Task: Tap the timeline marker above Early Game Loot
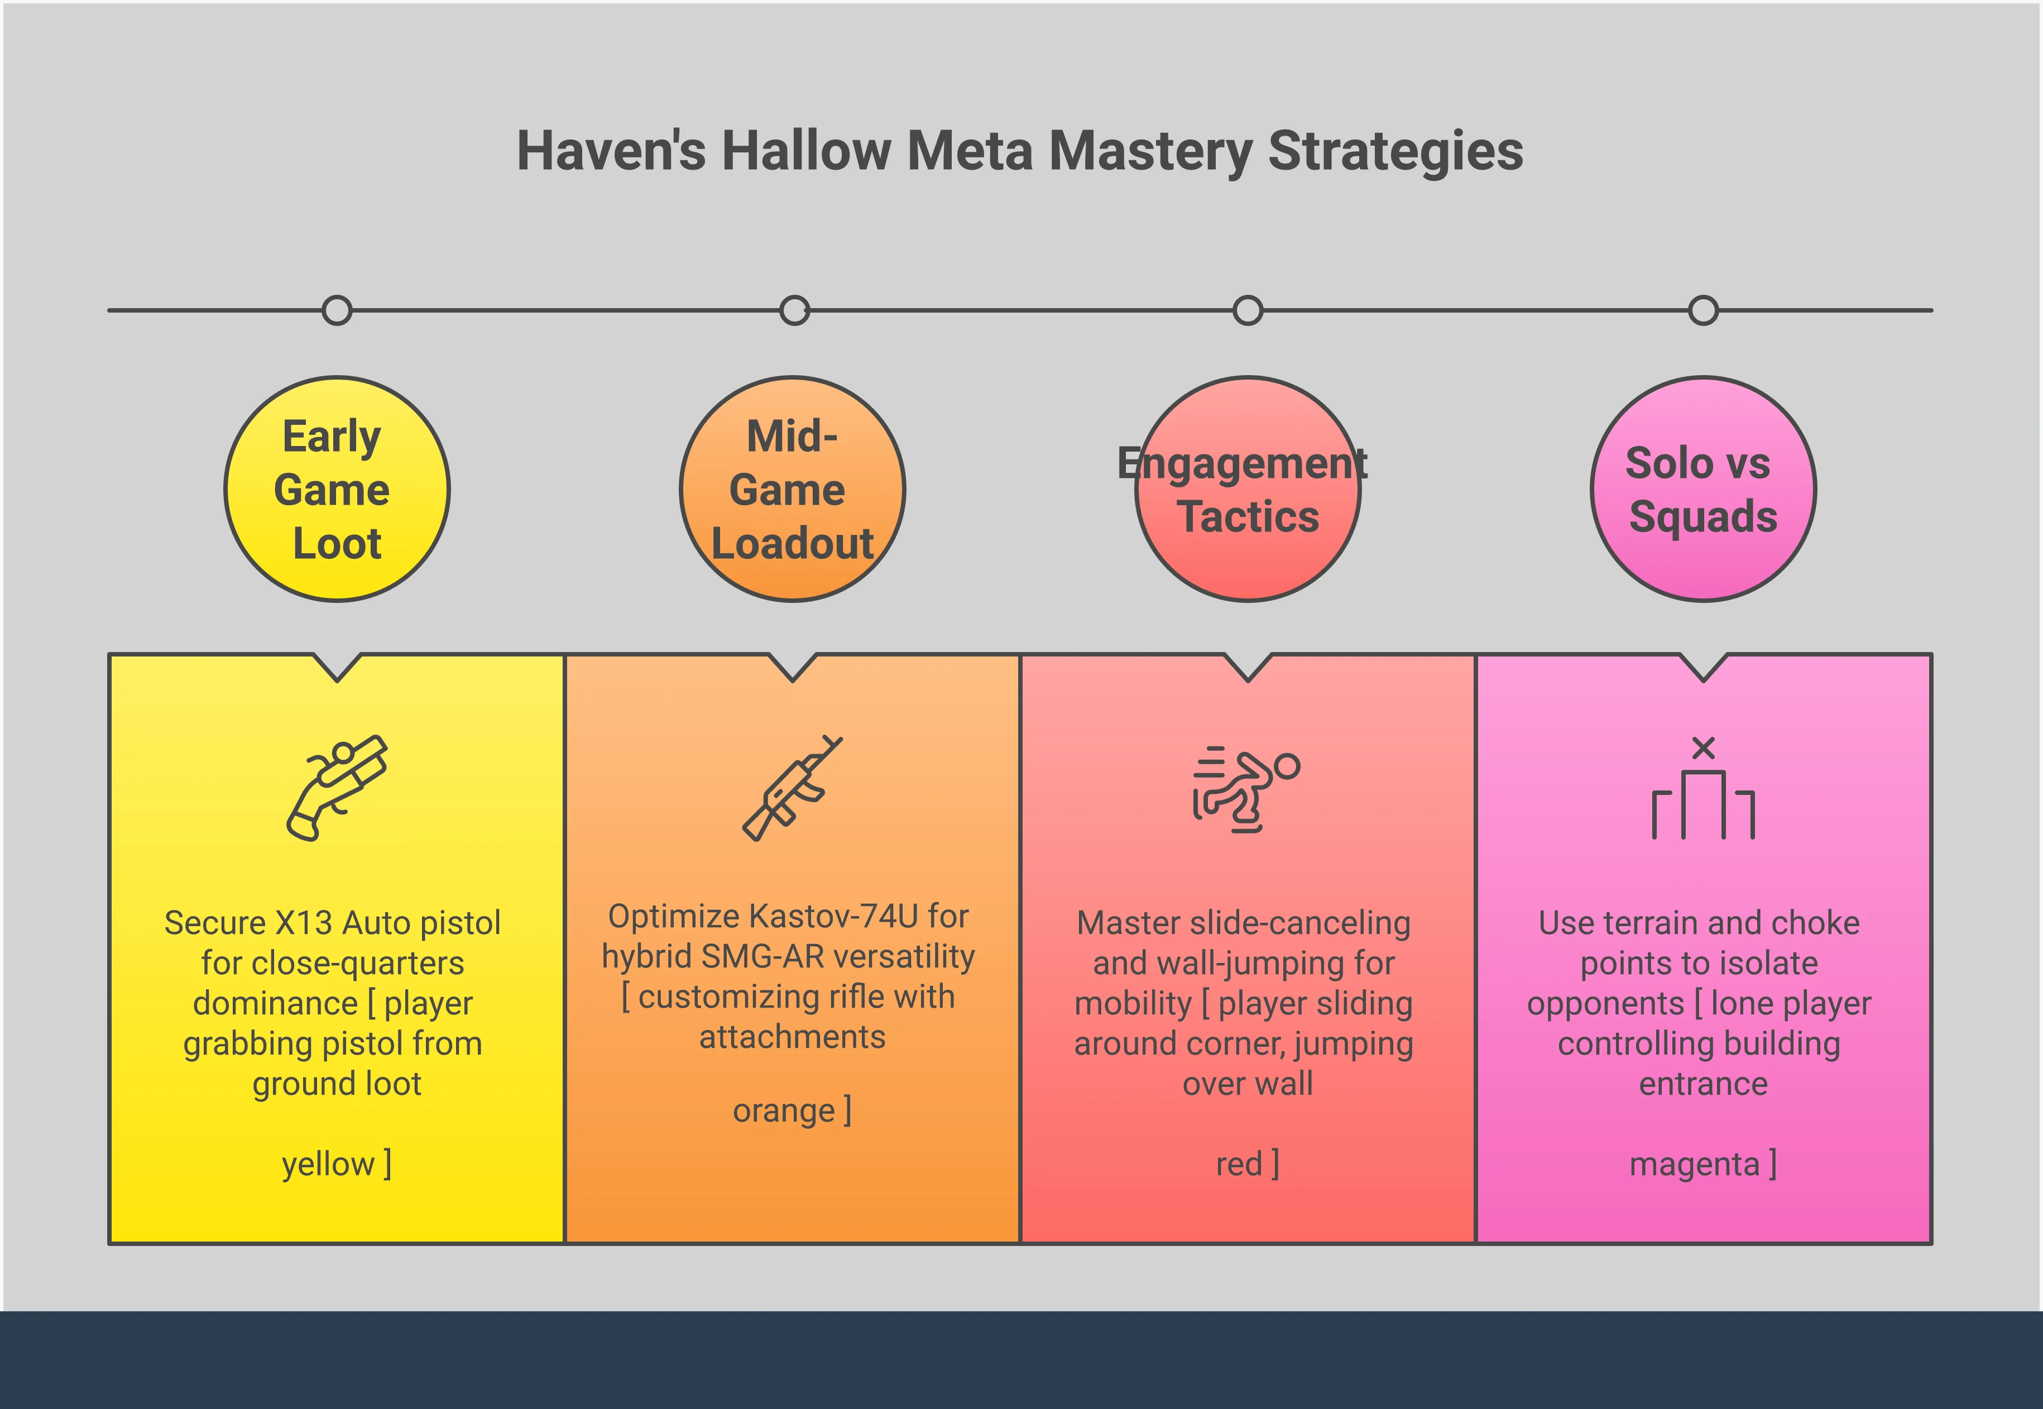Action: click(x=337, y=311)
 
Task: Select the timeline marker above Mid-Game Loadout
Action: click(x=794, y=311)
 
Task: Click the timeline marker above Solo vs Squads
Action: click(x=1703, y=311)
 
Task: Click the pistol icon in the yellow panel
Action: click(x=337, y=788)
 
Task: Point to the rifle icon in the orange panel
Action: click(x=793, y=788)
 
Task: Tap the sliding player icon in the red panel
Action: click(x=1246, y=788)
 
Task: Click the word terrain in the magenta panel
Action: click(x=1642, y=923)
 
